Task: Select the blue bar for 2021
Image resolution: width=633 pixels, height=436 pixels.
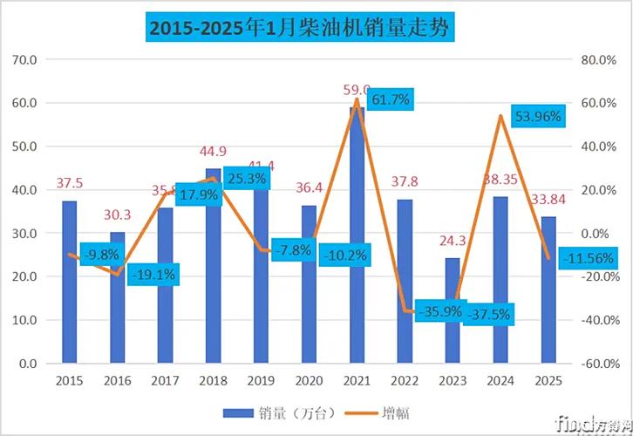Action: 357,235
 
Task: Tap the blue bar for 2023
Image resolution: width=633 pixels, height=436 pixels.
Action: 452,310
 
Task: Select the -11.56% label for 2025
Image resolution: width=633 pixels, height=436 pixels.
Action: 583,259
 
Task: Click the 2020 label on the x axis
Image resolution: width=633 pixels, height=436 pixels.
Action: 309,381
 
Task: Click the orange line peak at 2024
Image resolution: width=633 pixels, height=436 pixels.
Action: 500,116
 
